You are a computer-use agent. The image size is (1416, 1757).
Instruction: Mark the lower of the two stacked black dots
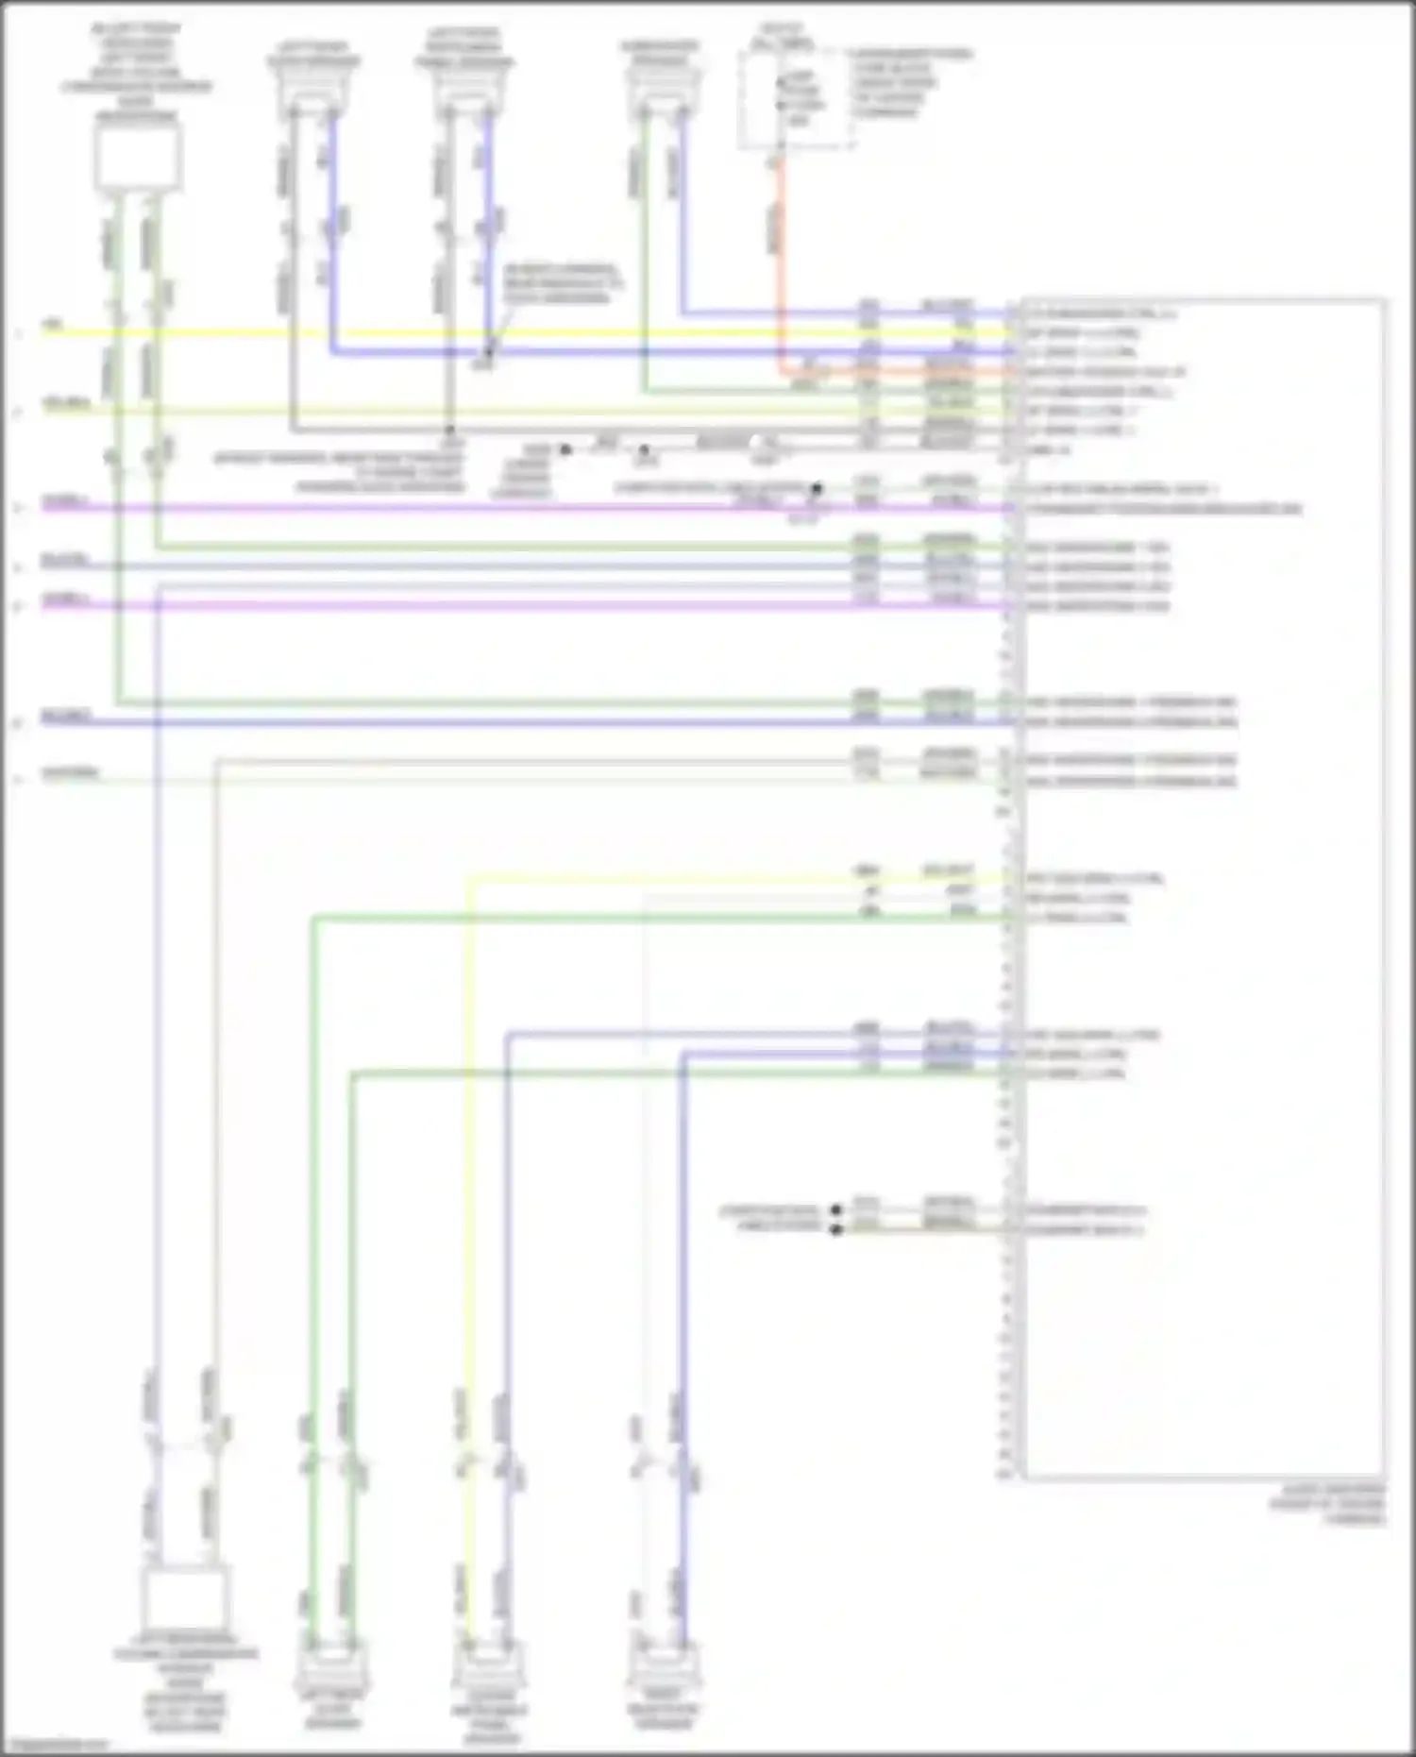[835, 1229]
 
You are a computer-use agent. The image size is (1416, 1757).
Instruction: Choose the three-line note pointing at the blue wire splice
[563, 283]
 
